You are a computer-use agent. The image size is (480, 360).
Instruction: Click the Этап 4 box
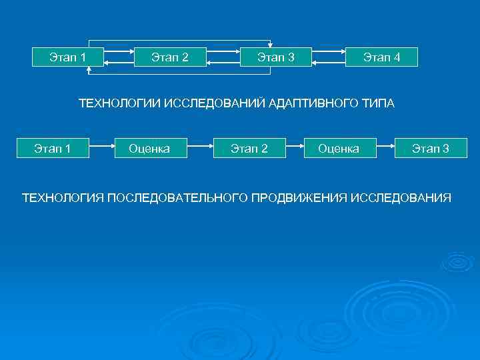[381, 57]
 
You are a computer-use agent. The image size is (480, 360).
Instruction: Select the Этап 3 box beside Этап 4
[276, 57]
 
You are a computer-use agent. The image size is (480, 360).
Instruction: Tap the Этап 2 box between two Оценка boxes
[249, 148]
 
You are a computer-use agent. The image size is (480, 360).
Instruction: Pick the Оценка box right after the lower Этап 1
[149, 148]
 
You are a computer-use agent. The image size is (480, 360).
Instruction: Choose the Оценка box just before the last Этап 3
[339, 148]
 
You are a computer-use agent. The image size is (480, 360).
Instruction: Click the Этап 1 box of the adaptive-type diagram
[67, 57]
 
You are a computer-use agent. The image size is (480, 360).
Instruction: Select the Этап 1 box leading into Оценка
[53, 148]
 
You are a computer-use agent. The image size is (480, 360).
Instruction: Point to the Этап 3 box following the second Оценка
[430, 148]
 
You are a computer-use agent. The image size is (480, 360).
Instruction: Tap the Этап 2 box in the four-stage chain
[169, 57]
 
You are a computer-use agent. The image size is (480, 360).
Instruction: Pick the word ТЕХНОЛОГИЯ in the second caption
[62, 198]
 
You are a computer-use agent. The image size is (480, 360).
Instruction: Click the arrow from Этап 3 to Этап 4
[328, 51]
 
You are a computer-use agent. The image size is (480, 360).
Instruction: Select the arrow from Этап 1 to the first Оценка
[100, 144]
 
